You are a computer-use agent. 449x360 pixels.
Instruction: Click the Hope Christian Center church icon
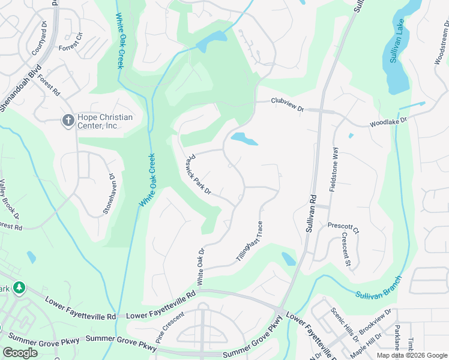tap(68, 121)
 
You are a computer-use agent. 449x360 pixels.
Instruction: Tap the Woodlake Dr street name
tap(388, 121)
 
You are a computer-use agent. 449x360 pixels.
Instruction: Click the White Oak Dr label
tap(201, 267)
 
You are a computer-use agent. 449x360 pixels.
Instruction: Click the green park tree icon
tap(19, 288)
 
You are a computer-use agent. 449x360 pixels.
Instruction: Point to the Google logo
tap(20, 352)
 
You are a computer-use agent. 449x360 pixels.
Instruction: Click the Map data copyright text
tap(412, 355)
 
